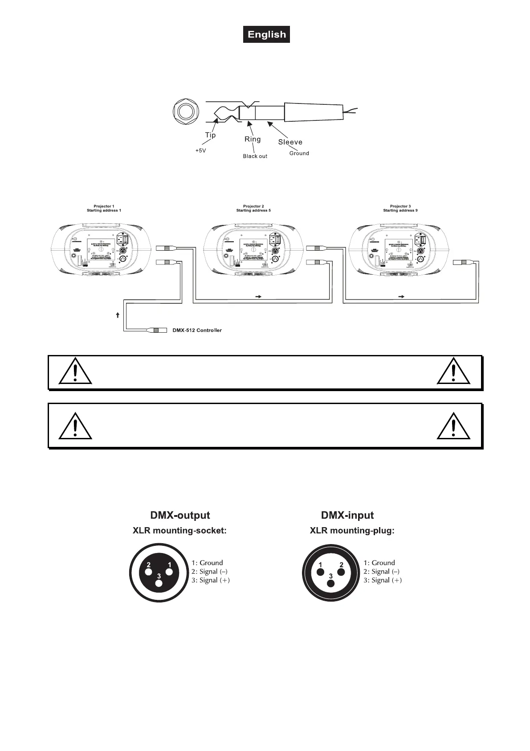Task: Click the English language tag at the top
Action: point(266,35)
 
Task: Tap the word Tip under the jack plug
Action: point(210,135)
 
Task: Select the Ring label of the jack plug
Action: point(253,139)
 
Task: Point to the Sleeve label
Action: point(290,142)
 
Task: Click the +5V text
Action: point(201,151)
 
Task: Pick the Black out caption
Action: point(255,156)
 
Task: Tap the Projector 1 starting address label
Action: point(104,208)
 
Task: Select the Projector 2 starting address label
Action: point(253,208)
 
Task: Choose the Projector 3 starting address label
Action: point(400,208)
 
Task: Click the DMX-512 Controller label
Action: point(197,330)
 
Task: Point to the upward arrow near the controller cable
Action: point(118,315)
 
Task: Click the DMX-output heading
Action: point(180,516)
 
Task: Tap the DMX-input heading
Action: point(347,516)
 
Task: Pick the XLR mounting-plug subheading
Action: point(352,531)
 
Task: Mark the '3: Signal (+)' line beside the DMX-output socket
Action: point(211,580)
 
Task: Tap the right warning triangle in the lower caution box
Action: point(453,426)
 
